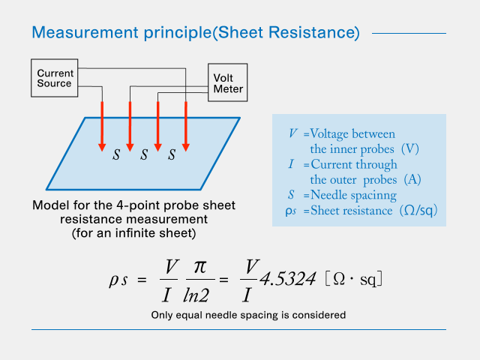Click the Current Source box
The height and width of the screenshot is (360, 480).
55,78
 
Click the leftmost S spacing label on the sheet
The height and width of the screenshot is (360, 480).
116,155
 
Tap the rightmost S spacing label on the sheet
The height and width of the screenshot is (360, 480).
172,155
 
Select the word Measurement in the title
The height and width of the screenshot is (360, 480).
80,33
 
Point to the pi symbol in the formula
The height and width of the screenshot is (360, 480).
199,266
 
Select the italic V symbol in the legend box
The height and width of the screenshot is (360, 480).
292,133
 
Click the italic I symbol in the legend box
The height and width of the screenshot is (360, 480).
292,164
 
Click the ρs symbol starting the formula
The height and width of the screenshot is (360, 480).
122,280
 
